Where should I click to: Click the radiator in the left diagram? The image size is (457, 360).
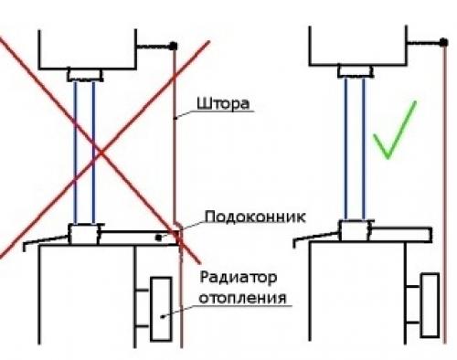pyautogui.click(x=163, y=309)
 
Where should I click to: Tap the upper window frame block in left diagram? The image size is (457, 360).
pyautogui.click(x=84, y=74)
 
